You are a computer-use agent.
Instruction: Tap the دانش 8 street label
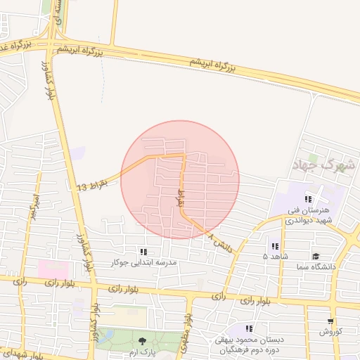[x=219, y=244]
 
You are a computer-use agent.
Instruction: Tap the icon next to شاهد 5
[x=274, y=247]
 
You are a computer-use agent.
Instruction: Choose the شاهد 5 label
[x=274, y=257]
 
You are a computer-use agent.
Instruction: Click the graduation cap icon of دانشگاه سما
[x=316, y=257]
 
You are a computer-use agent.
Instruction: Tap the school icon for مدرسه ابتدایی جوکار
[x=144, y=252]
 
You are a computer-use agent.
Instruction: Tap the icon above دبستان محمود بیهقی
[x=248, y=328]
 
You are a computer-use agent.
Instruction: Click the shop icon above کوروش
[x=330, y=321]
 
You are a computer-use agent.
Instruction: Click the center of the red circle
[x=180, y=180]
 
